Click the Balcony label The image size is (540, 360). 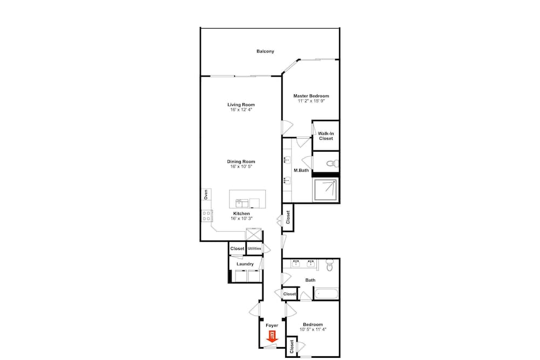[x=265, y=51]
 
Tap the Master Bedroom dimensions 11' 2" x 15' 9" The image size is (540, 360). [x=312, y=101]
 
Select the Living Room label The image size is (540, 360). [x=241, y=105]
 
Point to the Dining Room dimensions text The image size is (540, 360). [x=241, y=167]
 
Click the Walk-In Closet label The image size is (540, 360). [x=326, y=136]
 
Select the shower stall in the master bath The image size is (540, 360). [x=326, y=189]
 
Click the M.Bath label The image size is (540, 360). [x=301, y=171]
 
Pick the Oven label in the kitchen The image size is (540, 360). [x=206, y=194]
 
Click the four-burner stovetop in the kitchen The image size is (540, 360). [x=207, y=216]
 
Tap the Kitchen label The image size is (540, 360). [x=241, y=213]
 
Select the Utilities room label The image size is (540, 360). [x=254, y=248]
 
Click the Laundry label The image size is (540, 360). [x=245, y=264]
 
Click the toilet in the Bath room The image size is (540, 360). [x=330, y=265]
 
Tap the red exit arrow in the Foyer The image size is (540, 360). [x=272, y=337]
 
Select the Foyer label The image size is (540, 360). [x=272, y=325]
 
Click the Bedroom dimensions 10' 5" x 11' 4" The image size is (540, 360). [x=313, y=329]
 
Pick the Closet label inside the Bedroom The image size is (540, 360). [x=292, y=347]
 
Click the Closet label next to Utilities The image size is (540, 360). [x=237, y=248]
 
